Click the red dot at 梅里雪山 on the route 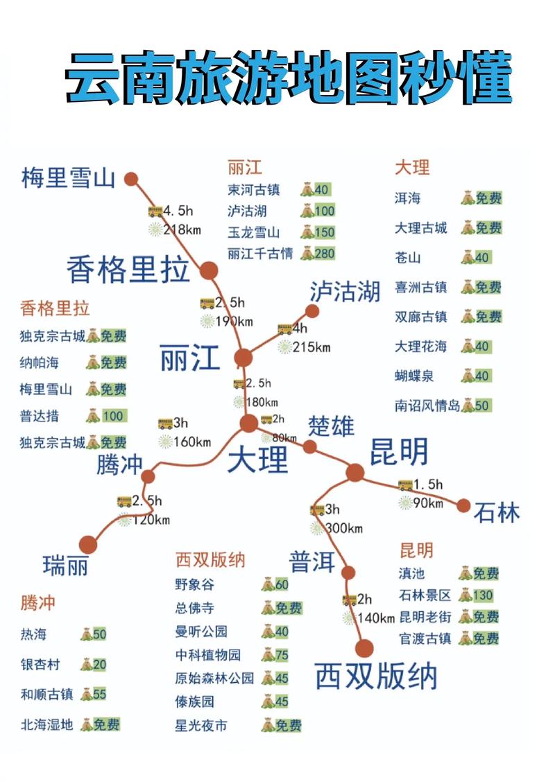click(131, 179)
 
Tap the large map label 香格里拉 click(128, 269)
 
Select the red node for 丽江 click(243, 358)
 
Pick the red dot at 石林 click(463, 505)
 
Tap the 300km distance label click(344, 528)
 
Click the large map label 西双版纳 click(376, 675)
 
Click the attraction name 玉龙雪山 click(253, 232)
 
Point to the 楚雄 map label click(332, 426)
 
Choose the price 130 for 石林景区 click(482, 595)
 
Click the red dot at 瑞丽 click(88, 545)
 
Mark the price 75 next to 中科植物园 click(282, 654)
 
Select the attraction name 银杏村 click(40, 665)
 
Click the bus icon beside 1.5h click(405, 485)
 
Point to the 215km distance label click(311, 347)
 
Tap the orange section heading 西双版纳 click(210, 559)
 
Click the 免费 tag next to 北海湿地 click(106, 725)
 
